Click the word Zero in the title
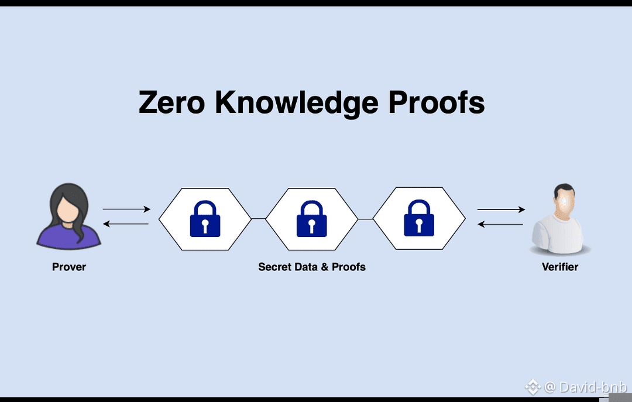coord(171,102)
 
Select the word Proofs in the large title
coord(437,102)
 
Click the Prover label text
coord(69,267)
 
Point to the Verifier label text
coord(560,267)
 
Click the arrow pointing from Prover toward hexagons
coord(126,209)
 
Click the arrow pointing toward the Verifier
coord(501,209)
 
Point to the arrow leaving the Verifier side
coord(501,224)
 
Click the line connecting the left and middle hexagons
coord(258,218)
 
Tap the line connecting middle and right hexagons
coord(365,218)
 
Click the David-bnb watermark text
coord(593,387)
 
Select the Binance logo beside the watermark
coord(532,387)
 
